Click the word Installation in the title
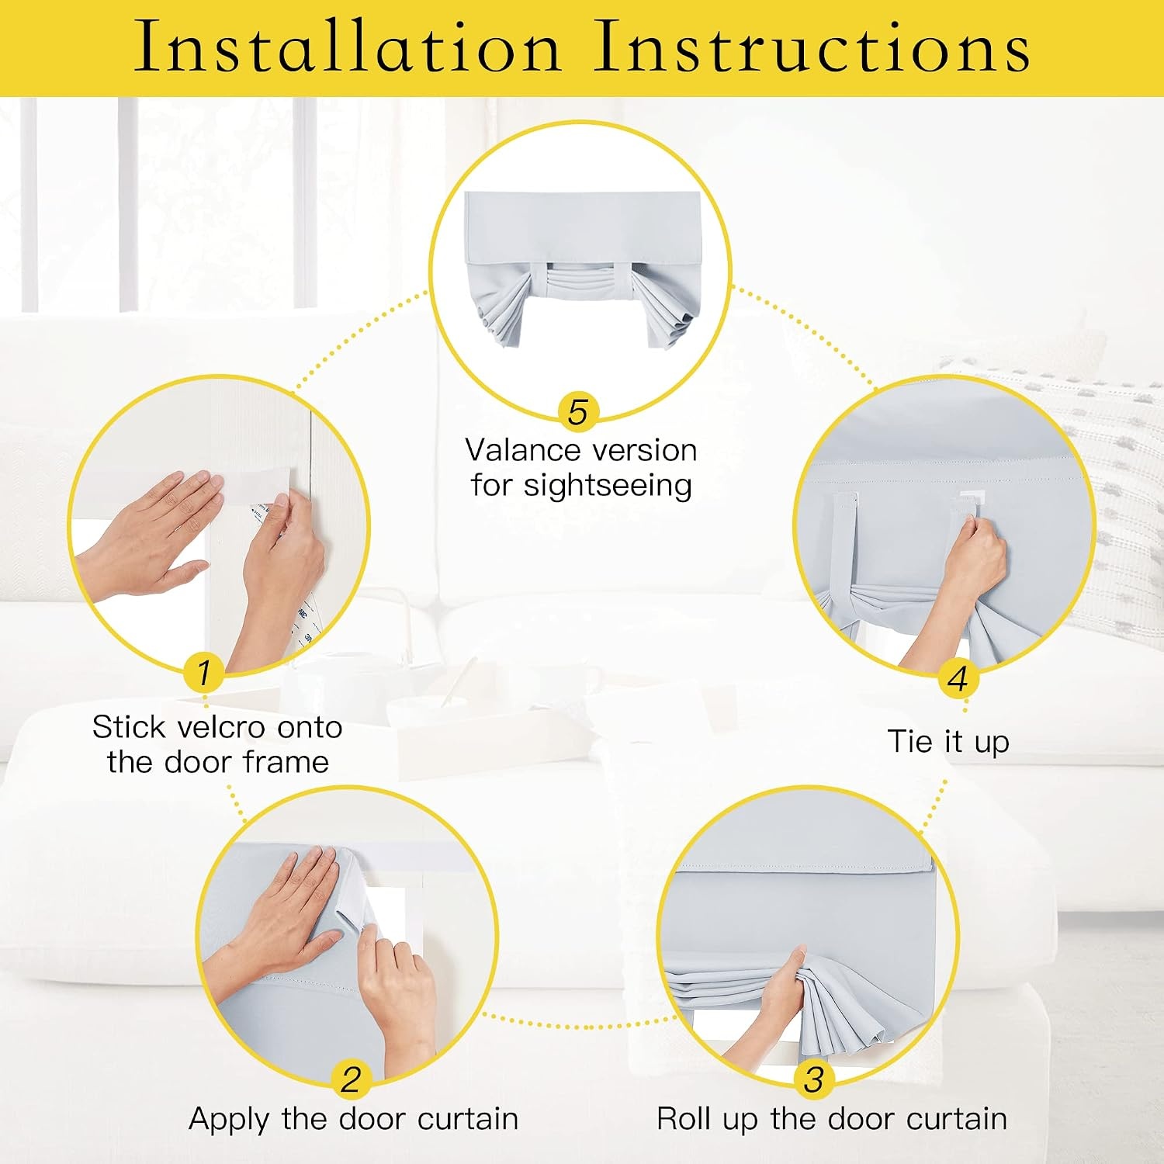(x=347, y=46)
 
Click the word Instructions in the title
(x=812, y=46)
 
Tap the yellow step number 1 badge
(x=204, y=672)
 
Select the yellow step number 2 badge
(x=352, y=1079)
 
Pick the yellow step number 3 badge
(x=814, y=1079)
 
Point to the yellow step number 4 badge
(x=958, y=679)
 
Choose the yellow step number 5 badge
(x=578, y=412)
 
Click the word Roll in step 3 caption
(x=685, y=1119)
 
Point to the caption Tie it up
(x=948, y=742)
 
